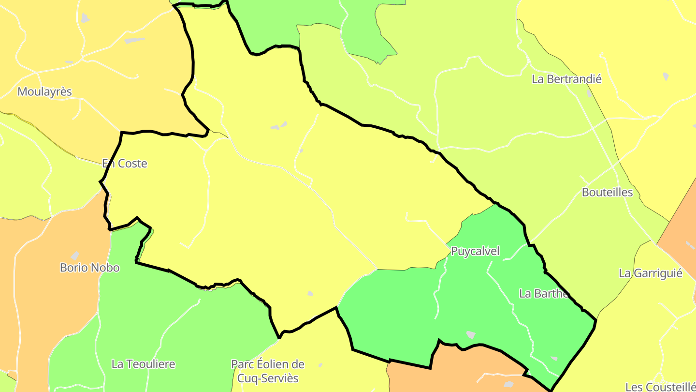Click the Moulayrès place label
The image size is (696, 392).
(x=44, y=91)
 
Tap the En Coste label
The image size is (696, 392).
(x=125, y=164)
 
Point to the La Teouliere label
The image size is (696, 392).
(x=143, y=364)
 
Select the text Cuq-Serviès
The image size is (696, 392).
(x=268, y=378)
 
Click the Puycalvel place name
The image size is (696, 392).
(x=475, y=251)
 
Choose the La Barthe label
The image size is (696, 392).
(x=543, y=293)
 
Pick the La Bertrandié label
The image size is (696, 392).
(x=566, y=79)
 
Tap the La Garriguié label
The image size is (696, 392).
(x=651, y=273)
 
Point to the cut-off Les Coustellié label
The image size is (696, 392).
(x=660, y=387)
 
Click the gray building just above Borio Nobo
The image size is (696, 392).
(x=75, y=255)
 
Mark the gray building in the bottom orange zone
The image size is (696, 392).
(x=508, y=384)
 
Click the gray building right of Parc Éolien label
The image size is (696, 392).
(x=320, y=364)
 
